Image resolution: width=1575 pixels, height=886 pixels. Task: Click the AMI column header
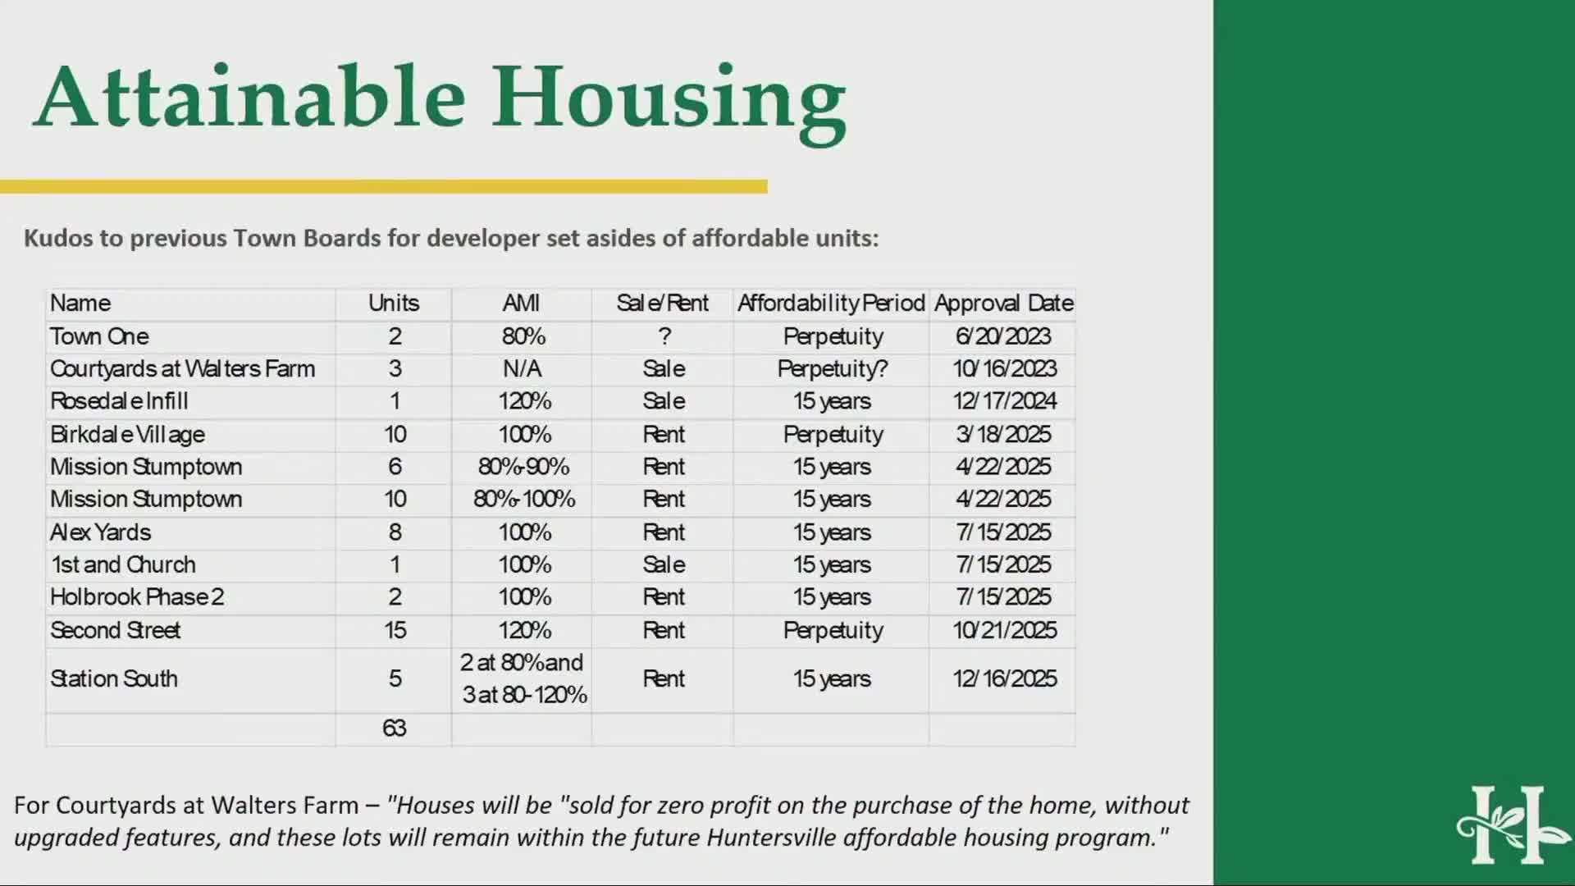click(x=521, y=304)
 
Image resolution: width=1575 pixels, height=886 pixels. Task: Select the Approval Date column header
click(x=1003, y=304)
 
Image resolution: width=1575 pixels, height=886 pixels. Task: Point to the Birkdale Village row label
click(x=127, y=435)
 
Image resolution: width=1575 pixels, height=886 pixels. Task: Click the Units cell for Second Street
click(x=395, y=630)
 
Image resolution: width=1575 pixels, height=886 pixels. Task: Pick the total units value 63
click(x=394, y=728)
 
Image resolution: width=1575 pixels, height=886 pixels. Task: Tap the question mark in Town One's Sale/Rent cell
click(x=664, y=336)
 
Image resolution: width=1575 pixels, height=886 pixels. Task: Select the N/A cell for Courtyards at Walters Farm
click(x=522, y=369)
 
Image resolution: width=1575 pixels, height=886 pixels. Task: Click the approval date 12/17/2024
click(x=1004, y=401)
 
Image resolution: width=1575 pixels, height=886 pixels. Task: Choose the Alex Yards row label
click(x=100, y=532)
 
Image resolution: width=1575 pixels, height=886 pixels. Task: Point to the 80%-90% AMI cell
click(x=523, y=467)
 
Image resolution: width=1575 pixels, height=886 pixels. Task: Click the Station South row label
click(x=113, y=678)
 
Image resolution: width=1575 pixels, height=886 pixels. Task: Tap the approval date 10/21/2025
click(x=1004, y=630)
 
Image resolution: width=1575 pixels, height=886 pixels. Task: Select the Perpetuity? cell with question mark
click(x=832, y=369)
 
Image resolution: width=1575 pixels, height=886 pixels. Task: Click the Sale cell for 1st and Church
click(x=664, y=564)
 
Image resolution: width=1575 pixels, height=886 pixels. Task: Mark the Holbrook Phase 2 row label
click(x=136, y=597)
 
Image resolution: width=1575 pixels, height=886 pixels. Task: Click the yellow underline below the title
click(x=384, y=187)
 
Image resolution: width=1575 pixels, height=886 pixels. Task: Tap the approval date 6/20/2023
click(x=1003, y=336)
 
